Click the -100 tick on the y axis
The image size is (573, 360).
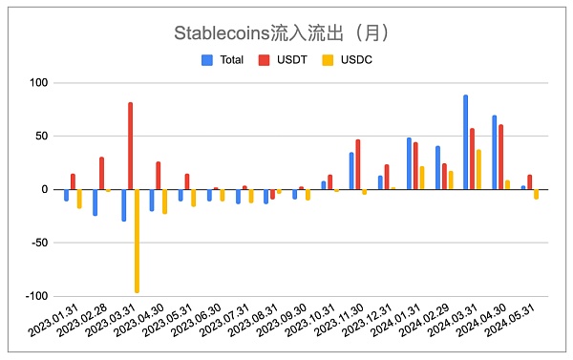click(x=34, y=296)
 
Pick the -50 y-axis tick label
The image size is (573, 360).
click(x=36, y=243)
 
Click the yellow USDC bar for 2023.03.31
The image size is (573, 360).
click(x=137, y=241)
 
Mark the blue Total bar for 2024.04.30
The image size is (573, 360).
click(x=494, y=152)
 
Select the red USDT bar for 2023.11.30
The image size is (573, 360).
click(x=358, y=164)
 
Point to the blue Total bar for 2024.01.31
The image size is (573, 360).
click(x=409, y=163)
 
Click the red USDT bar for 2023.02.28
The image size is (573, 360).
click(x=101, y=173)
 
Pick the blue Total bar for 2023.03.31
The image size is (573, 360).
click(x=123, y=204)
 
